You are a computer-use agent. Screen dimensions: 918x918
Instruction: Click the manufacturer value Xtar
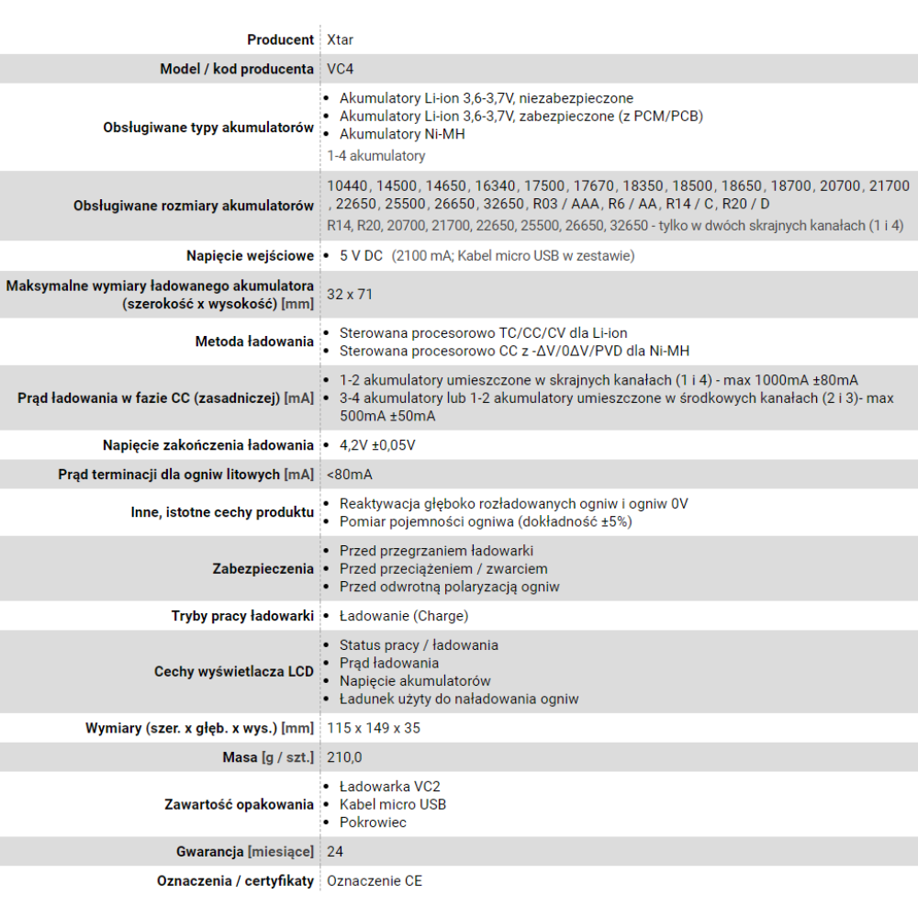(340, 39)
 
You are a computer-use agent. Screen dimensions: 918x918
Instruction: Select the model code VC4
(340, 69)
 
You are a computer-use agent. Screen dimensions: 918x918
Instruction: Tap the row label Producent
(280, 39)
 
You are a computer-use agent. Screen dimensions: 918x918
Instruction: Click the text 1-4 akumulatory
(375, 156)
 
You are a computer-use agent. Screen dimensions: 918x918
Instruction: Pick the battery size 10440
(347, 185)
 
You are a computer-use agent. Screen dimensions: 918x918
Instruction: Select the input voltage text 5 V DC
(360, 256)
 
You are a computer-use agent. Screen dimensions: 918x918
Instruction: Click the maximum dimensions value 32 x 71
(350, 295)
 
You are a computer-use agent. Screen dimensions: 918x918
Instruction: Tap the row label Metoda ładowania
(254, 341)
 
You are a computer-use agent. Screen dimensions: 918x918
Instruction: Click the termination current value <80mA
(349, 475)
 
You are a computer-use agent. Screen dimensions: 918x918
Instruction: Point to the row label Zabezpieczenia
(263, 568)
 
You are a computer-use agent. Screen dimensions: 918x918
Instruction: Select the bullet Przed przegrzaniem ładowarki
(436, 551)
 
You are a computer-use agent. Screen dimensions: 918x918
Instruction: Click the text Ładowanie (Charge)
(403, 616)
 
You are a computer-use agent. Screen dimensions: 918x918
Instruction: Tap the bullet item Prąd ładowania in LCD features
(388, 663)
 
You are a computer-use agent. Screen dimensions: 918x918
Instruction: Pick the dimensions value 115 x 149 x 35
(374, 728)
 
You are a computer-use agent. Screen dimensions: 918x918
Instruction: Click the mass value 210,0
(344, 757)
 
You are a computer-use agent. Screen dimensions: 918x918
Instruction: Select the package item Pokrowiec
(373, 823)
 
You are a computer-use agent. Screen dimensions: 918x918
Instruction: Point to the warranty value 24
(335, 852)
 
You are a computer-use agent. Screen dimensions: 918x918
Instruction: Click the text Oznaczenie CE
(375, 881)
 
